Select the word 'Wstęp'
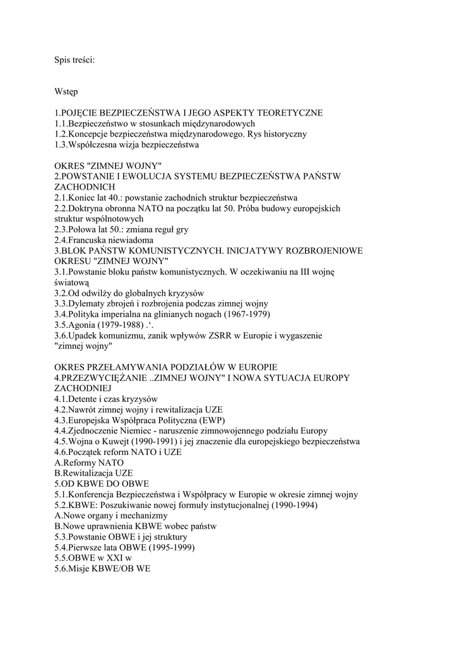[x=66, y=92]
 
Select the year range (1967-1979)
[x=239, y=315]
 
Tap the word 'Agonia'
[x=85, y=325]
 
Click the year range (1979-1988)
[x=128, y=325]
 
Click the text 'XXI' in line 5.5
[x=114, y=558]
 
